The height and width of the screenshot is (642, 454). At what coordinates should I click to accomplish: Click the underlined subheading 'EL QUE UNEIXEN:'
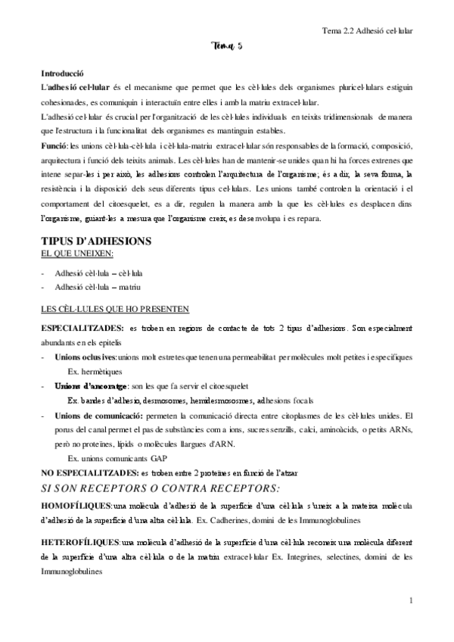pyautogui.click(x=71, y=254)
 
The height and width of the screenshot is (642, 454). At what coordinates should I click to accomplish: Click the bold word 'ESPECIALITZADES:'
pyautogui.click(x=82, y=329)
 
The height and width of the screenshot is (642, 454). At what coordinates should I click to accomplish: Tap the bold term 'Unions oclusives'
pyautogui.click(x=86, y=356)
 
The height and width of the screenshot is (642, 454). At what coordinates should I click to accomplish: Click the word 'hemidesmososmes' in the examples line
pyautogui.click(x=216, y=400)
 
